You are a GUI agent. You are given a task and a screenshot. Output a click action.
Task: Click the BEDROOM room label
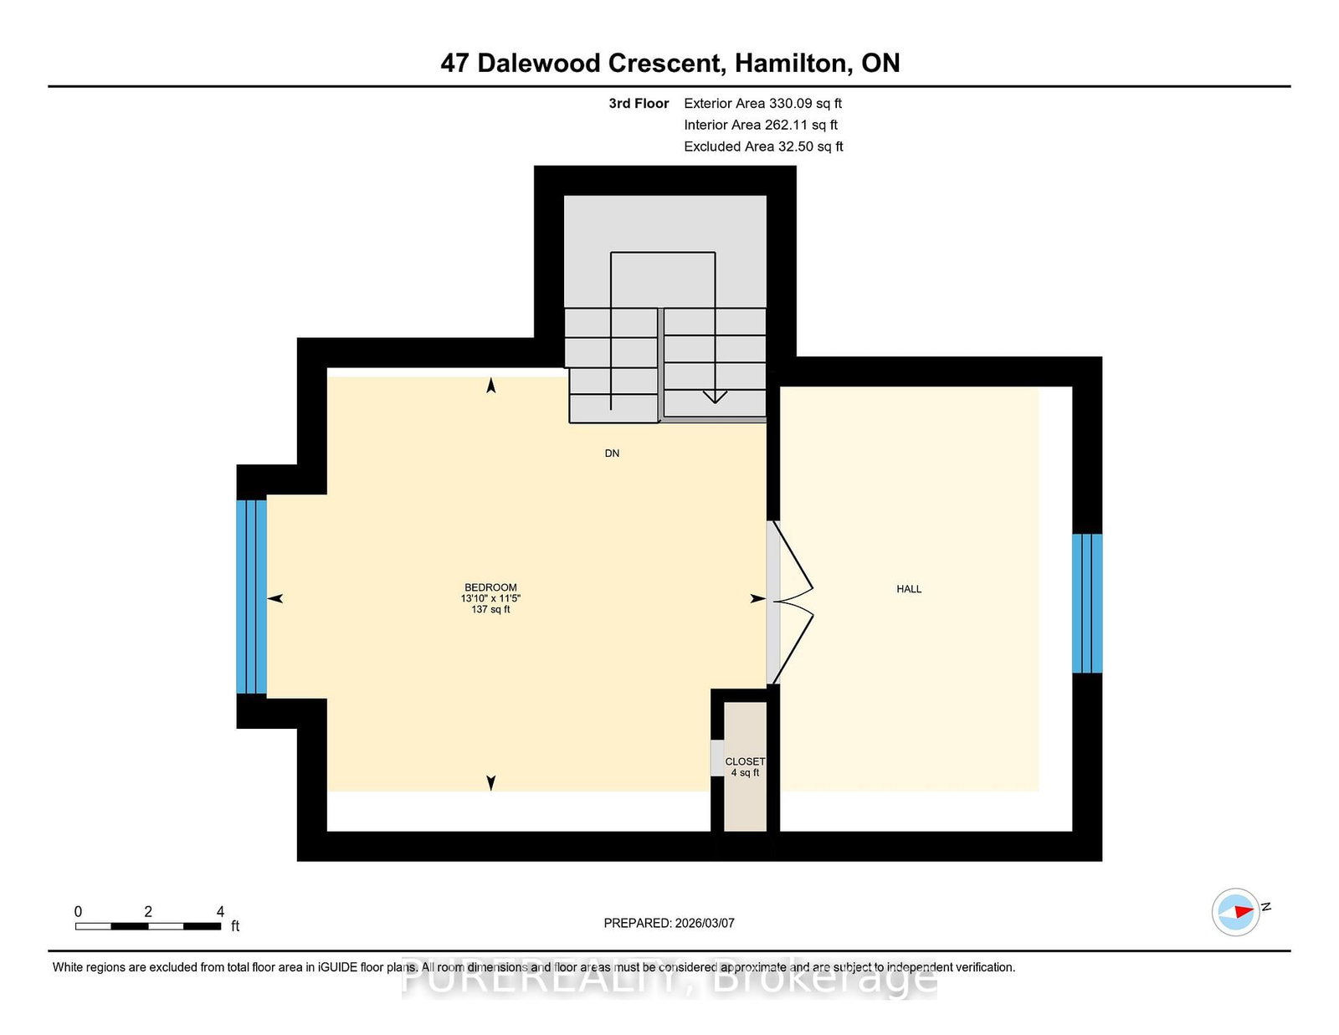click(490, 587)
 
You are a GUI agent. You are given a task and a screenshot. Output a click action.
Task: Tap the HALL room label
click(909, 589)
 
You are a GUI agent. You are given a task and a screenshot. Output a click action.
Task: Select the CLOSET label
click(745, 761)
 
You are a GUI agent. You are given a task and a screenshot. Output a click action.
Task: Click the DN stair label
click(612, 453)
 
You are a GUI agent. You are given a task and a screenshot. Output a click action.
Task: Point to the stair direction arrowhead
click(715, 397)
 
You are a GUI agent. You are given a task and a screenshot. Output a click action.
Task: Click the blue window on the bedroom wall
click(251, 597)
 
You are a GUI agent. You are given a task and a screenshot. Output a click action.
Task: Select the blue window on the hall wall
click(1087, 603)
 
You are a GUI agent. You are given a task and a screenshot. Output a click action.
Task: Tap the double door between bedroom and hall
click(790, 602)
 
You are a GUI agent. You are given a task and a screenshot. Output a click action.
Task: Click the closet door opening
click(717, 758)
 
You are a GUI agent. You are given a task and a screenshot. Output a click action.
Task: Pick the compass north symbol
click(1235, 912)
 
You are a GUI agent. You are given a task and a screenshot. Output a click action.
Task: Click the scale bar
click(148, 926)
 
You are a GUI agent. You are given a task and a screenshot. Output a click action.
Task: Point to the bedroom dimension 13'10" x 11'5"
click(490, 598)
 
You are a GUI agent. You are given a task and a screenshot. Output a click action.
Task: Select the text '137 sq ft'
click(490, 609)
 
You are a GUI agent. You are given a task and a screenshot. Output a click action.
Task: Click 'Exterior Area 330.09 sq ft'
click(763, 104)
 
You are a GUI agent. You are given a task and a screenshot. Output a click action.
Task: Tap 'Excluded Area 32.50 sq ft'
click(763, 146)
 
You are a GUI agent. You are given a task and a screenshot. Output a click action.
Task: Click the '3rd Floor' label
click(639, 104)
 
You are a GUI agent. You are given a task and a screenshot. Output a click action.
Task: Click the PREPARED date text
click(669, 923)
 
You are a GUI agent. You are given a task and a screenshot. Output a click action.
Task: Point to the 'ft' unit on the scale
click(235, 926)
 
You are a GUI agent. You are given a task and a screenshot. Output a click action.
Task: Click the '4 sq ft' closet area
click(745, 772)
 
